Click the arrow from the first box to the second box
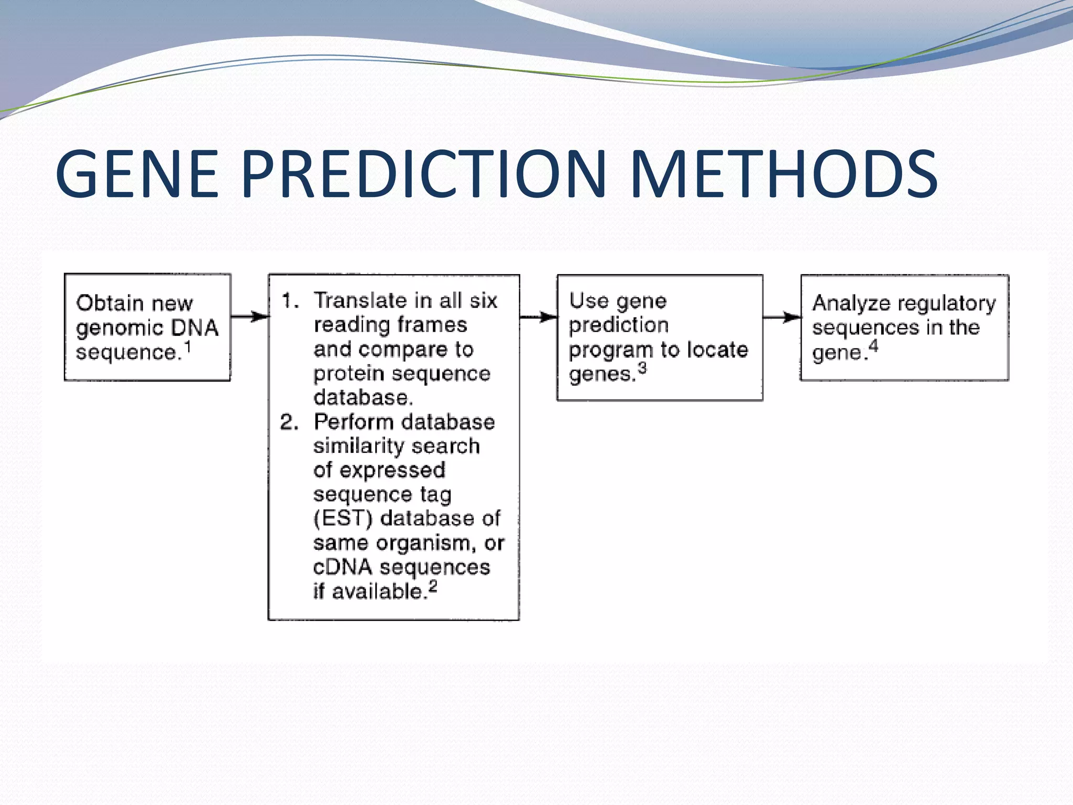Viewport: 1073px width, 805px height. pyautogui.click(x=249, y=317)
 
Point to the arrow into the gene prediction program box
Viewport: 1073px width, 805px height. pyautogui.click(x=539, y=317)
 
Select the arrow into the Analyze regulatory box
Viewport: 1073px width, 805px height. pyautogui.click(x=782, y=317)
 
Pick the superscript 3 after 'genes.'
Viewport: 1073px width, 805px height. pyautogui.click(x=642, y=368)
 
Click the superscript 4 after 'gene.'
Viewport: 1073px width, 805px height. pyautogui.click(x=873, y=346)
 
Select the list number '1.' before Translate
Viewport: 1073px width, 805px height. pyautogui.click(x=290, y=301)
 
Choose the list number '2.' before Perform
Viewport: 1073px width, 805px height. pyautogui.click(x=289, y=422)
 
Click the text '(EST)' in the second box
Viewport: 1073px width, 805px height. pyautogui.click(x=343, y=518)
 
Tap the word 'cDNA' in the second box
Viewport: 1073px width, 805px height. pyautogui.click(x=343, y=567)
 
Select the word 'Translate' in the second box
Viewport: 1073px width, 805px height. pyautogui.click(x=360, y=301)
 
